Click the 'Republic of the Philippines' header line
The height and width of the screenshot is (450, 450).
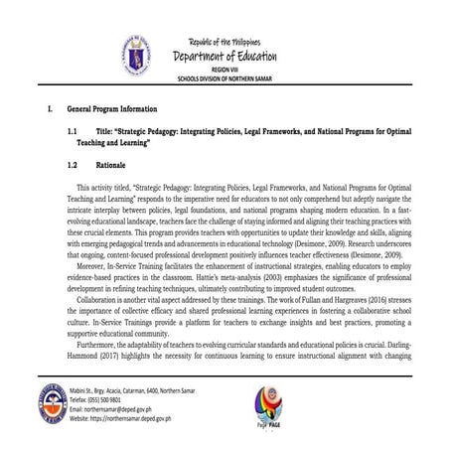[224, 39]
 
